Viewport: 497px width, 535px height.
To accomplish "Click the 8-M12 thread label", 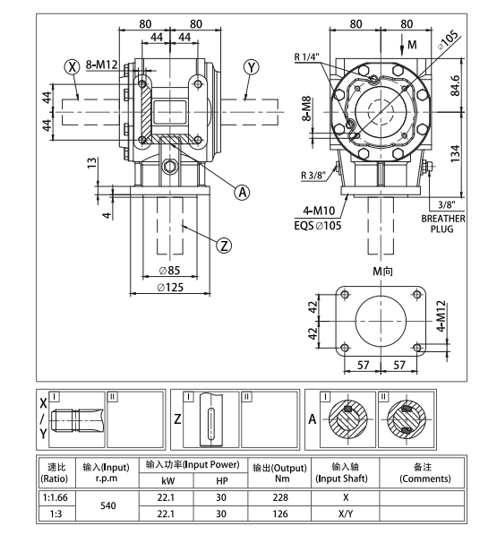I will pyautogui.click(x=101, y=66).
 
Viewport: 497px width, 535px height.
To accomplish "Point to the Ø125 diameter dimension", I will pyautogui.click(x=170, y=288).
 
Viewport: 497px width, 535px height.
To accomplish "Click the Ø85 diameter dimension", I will pyautogui.click(x=169, y=270).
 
